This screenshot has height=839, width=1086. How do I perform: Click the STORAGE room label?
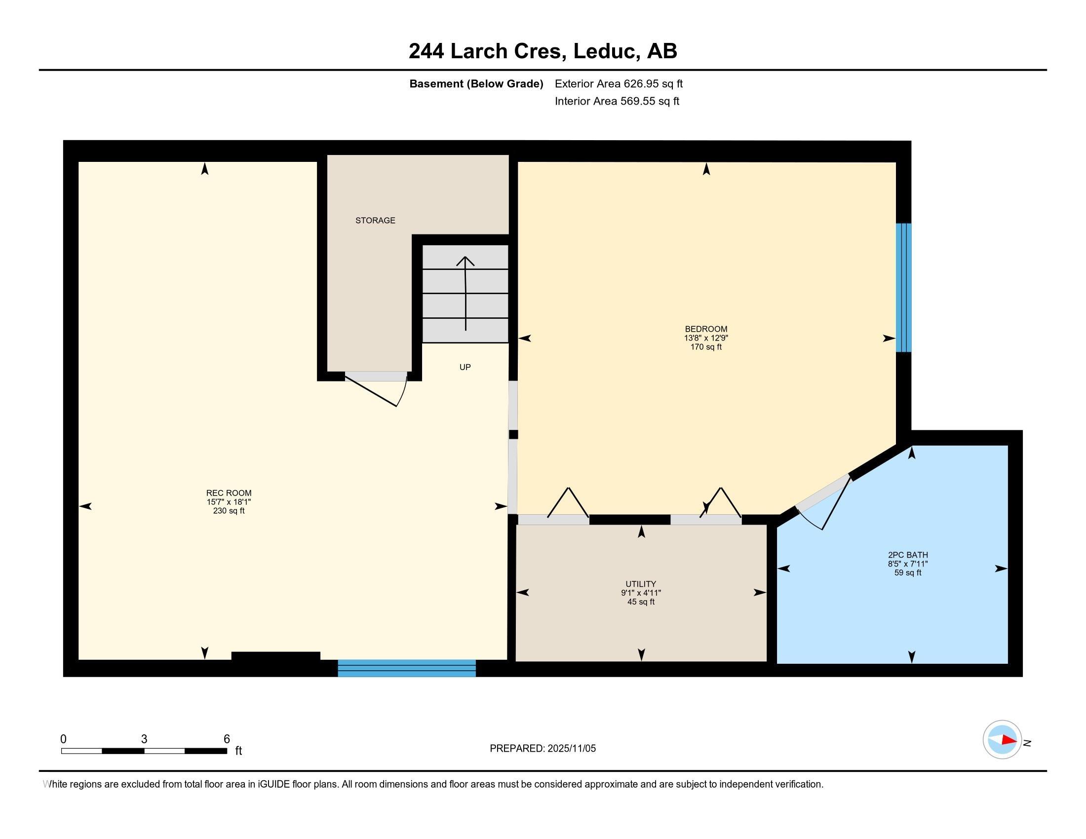375,220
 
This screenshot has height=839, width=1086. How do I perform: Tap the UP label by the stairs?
465,367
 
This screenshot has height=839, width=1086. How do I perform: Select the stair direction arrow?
465,293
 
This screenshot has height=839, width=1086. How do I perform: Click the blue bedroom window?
903,288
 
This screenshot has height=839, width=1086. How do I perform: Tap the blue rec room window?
407,668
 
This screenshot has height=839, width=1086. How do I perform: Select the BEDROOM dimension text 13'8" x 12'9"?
706,338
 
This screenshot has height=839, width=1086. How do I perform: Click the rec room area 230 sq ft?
229,510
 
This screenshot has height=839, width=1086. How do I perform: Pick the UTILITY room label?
641,584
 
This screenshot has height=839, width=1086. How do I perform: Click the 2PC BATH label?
908,555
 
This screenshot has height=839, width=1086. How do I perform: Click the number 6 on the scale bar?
227,739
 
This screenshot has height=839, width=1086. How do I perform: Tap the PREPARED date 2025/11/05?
571,748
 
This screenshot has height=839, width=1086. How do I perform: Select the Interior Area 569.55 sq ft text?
617,101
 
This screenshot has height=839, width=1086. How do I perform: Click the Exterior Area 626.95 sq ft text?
619,84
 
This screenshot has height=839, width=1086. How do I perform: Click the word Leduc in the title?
607,51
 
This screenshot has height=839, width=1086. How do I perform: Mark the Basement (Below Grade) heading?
476,84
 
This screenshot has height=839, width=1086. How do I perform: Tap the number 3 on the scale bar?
144,739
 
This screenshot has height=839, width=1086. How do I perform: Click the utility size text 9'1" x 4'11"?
641,593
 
